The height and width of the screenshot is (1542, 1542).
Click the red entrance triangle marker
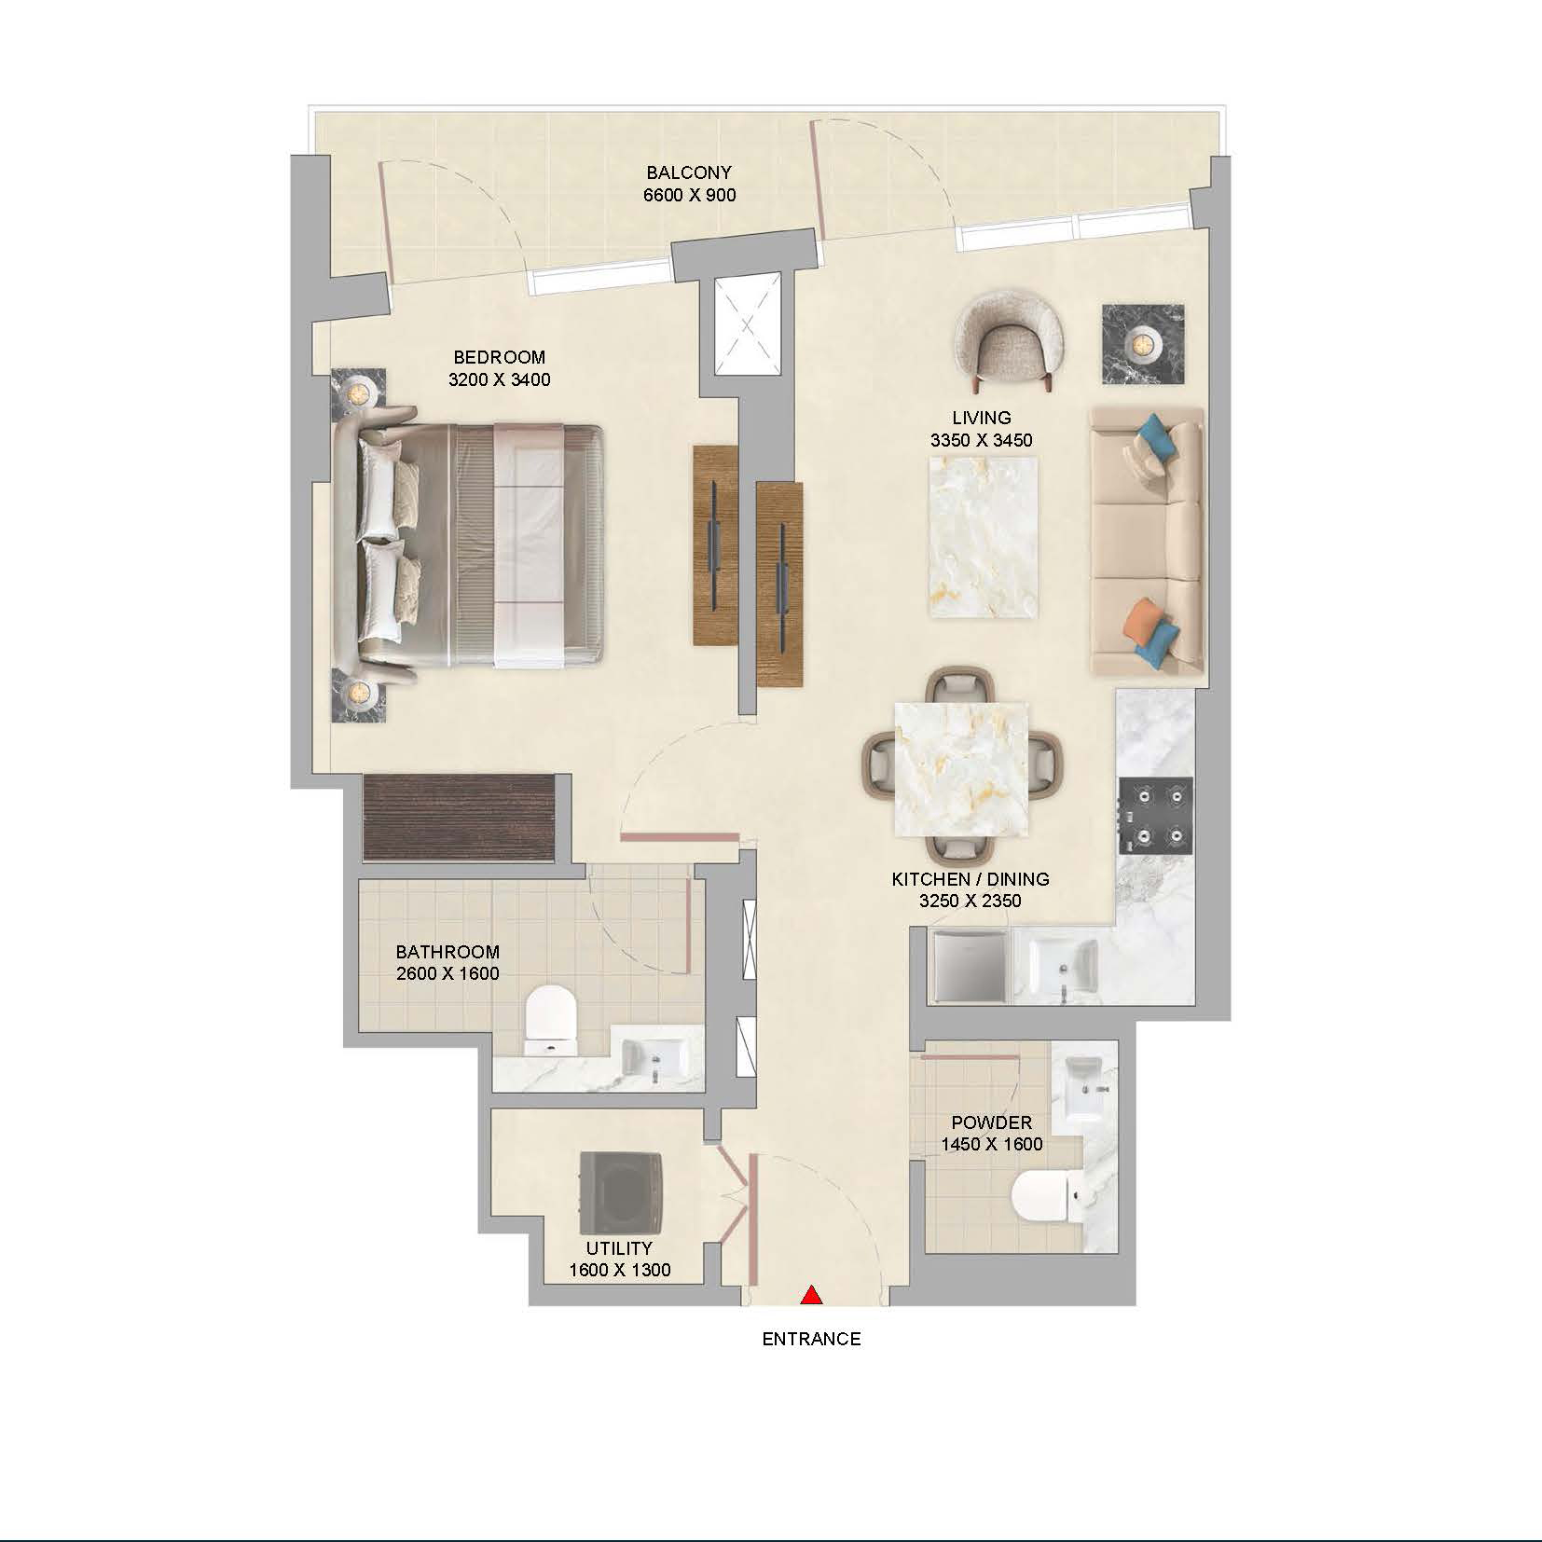[x=812, y=1294]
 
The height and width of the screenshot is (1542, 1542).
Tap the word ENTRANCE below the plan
[x=811, y=1340]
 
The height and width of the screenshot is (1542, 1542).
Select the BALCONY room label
[x=689, y=172]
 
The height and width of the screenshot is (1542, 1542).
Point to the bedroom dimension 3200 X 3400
[x=499, y=380]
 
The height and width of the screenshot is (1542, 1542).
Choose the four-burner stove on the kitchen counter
[x=1156, y=814]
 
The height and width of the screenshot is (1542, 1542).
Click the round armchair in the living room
[x=1011, y=341]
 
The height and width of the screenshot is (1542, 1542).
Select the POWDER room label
[x=991, y=1122]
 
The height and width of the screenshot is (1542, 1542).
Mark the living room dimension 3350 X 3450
[x=981, y=441]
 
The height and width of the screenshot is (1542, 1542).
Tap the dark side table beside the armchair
[x=1143, y=344]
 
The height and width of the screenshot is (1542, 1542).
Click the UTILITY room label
[x=619, y=1248]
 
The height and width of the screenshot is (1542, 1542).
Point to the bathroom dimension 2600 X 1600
[x=447, y=974]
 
